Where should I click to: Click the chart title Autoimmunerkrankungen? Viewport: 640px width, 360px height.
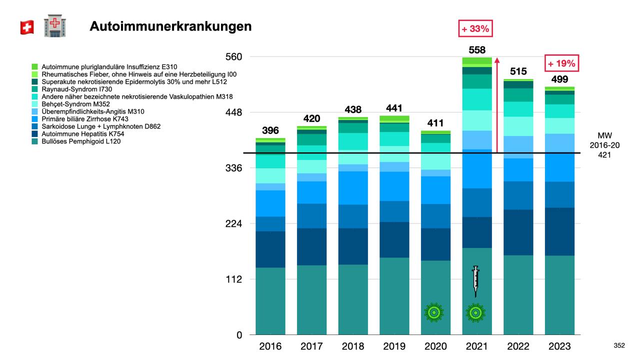(x=170, y=26)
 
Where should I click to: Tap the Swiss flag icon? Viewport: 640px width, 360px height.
(x=27, y=27)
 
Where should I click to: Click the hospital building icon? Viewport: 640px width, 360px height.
(x=55, y=26)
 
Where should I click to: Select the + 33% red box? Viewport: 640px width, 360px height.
(x=474, y=29)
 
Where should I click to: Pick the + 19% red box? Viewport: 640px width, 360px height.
(x=561, y=64)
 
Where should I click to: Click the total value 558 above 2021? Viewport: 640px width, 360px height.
(x=476, y=50)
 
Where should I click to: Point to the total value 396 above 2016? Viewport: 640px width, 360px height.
(x=270, y=131)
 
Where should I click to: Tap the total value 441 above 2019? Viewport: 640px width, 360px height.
(x=394, y=108)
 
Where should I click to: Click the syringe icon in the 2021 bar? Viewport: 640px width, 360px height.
(x=475, y=281)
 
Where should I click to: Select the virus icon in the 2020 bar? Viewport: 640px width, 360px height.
(x=434, y=312)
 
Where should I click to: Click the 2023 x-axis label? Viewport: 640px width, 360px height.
(x=559, y=346)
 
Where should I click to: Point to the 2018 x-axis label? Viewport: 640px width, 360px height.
(x=353, y=346)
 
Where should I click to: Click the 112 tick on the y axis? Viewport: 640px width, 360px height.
(x=232, y=279)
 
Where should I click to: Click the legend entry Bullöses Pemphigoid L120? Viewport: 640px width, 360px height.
(x=81, y=141)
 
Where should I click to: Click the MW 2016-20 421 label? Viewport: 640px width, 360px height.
(x=604, y=145)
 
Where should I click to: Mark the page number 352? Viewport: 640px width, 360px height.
(x=619, y=345)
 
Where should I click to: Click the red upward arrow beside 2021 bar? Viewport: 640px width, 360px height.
(x=497, y=105)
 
